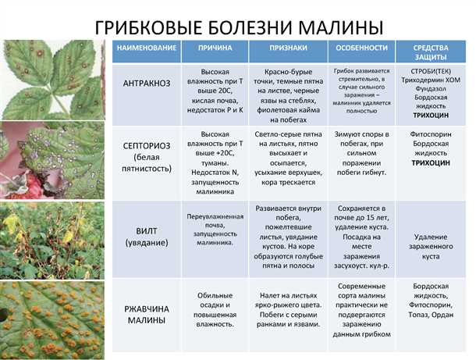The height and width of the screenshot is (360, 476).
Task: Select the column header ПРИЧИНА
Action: (x=215, y=48)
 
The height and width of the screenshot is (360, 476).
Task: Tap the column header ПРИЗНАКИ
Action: (x=285, y=48)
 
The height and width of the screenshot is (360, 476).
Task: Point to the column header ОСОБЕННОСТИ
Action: (x=361, y=48)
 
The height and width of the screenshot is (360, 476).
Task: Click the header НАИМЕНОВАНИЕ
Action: (x=146, y=48)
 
